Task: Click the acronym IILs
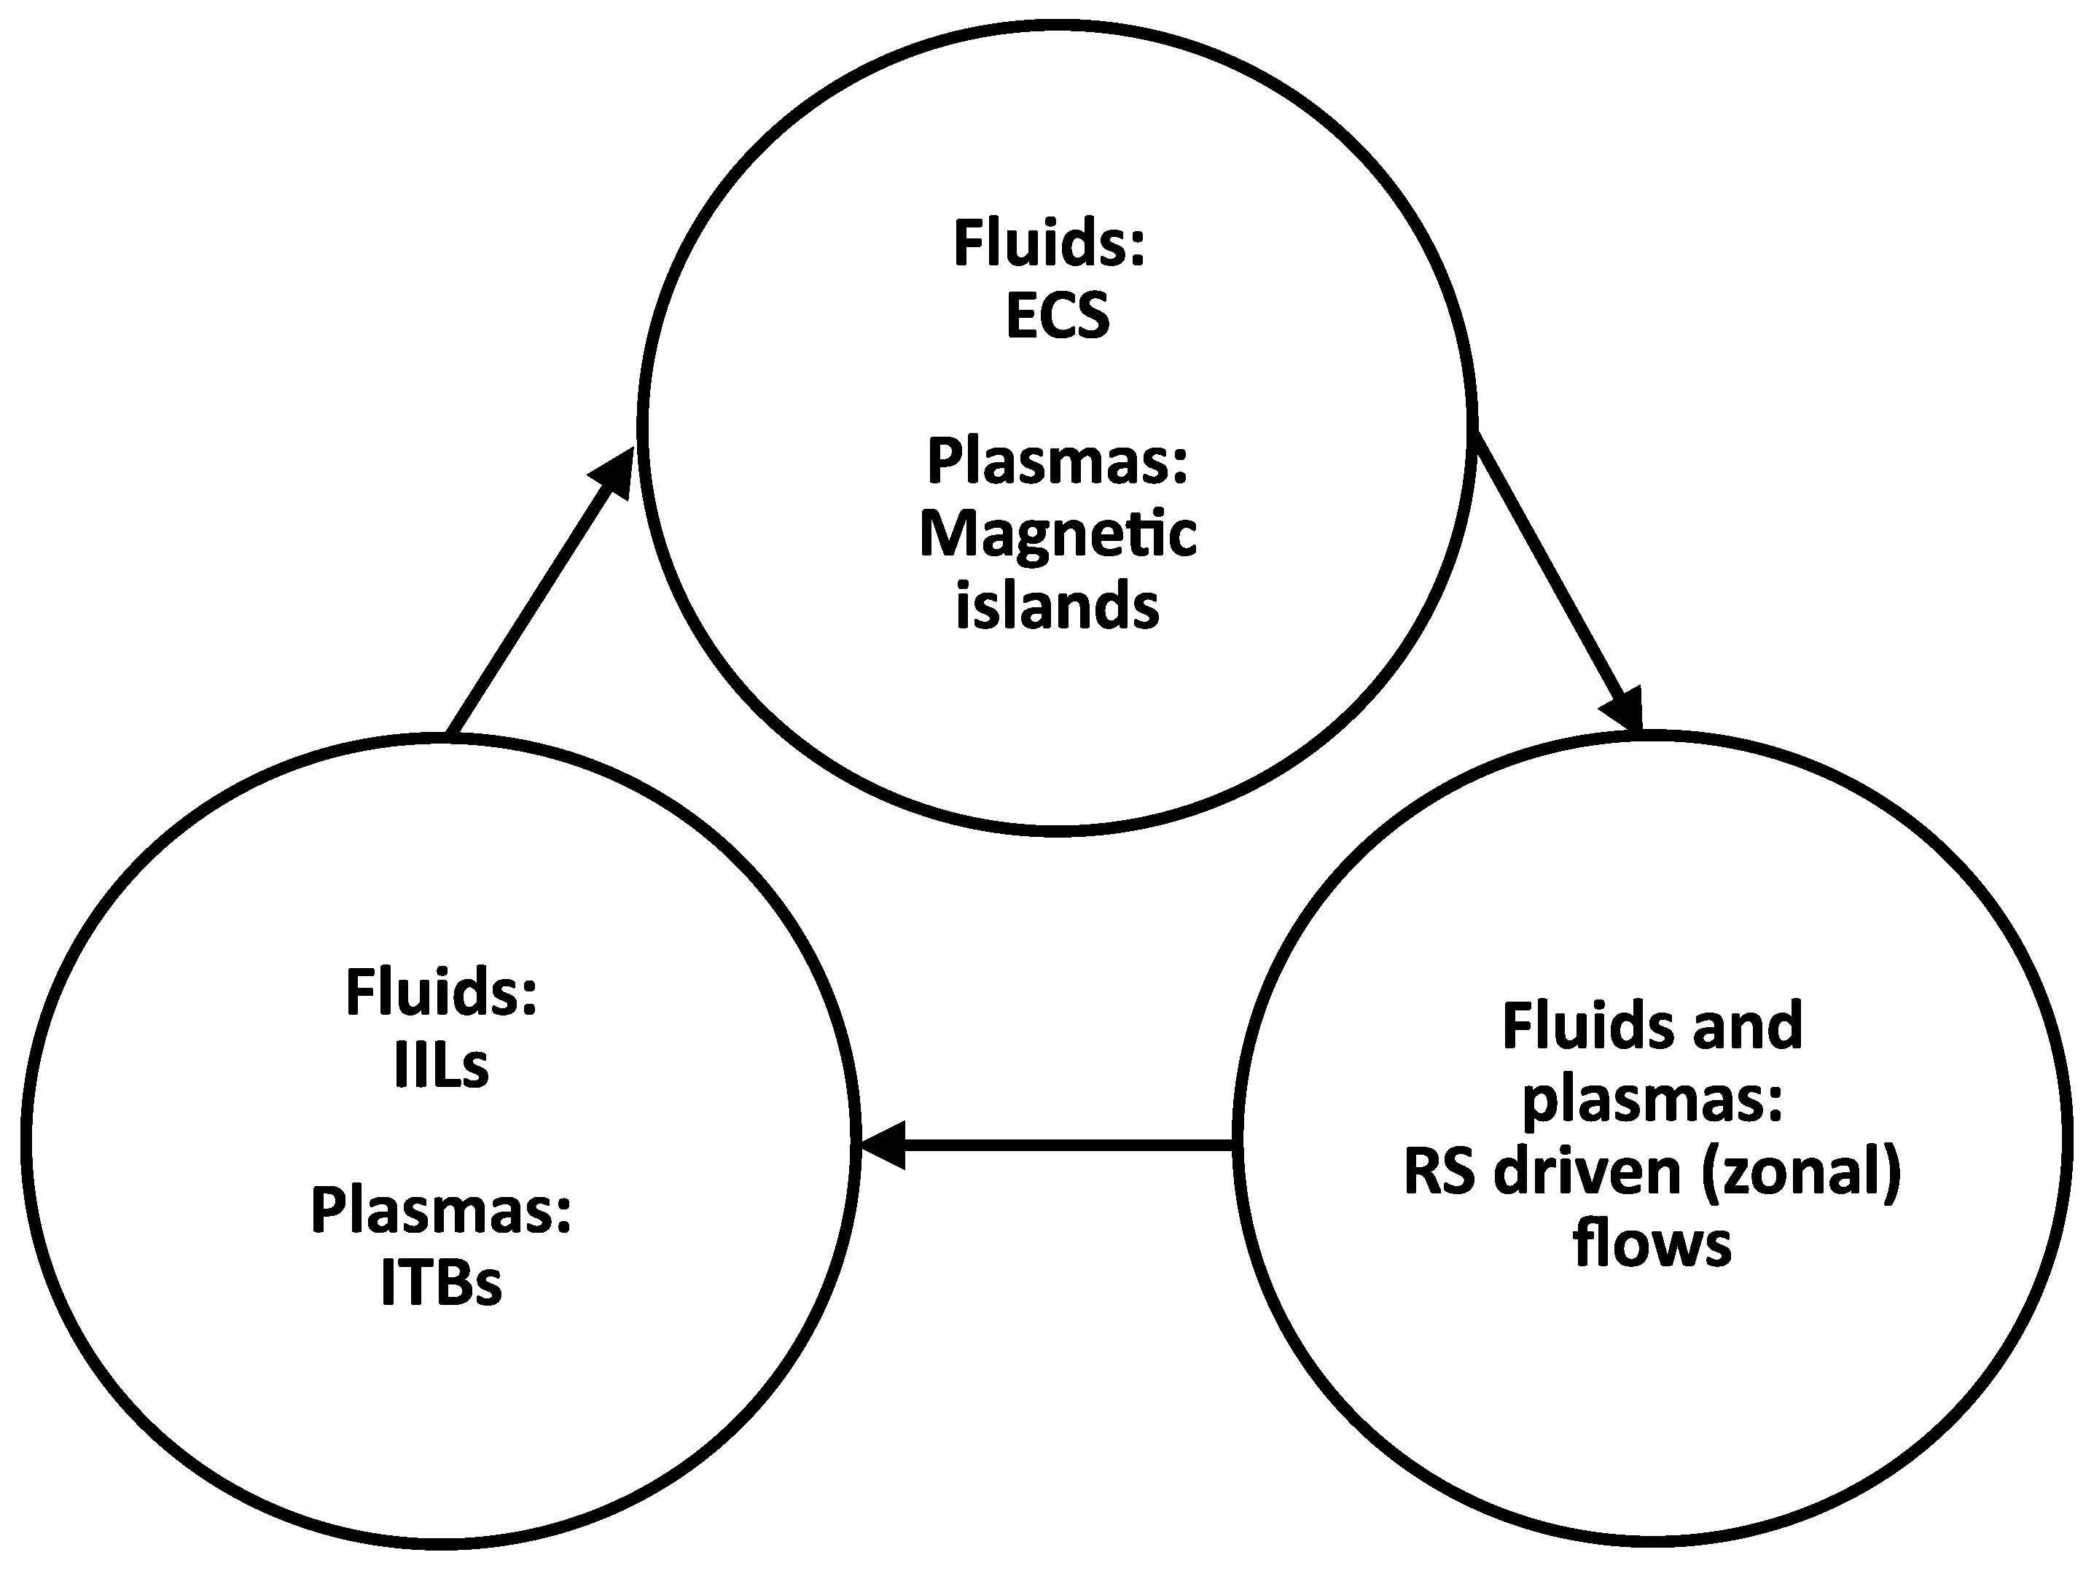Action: pyautogui.click(x=441, y=1067)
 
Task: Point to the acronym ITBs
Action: pyautogui.click(x=441, y=1284)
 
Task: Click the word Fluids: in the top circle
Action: pyautogui.click(x=1049, y=243)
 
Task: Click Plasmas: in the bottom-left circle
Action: pyautogui.click(x=441, y=1211)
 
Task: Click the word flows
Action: pyautogui.click(x=1652, y=1244)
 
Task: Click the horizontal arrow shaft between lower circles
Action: pyautogui.click(x=1070, y=1146)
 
